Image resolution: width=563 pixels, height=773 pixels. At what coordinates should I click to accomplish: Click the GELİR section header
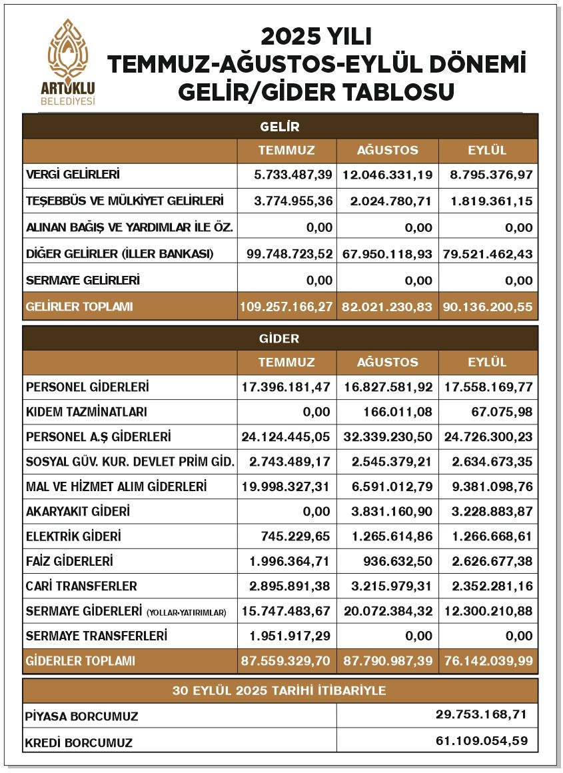[279, 126]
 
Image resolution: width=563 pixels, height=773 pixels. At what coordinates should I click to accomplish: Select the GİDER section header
[279, 338]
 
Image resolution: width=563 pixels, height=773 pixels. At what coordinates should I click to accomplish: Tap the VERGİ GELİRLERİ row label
[73, 175]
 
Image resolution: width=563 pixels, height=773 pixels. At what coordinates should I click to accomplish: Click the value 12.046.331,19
[387, 175]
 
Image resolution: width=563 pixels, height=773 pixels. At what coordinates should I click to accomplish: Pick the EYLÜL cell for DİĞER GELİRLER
[487, 254]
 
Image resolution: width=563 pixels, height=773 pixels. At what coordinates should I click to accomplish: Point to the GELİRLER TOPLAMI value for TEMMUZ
[286, 307]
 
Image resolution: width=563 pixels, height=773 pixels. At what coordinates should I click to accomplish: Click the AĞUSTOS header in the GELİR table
[387, 150]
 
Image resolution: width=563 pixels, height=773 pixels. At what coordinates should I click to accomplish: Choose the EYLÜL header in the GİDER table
[487, 363]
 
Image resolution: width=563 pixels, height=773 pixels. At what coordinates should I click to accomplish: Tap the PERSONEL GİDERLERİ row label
[87, 387]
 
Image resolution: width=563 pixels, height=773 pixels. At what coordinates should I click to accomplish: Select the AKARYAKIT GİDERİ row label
[77, 511]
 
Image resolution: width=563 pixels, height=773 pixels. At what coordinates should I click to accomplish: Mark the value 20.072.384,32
[387, 611]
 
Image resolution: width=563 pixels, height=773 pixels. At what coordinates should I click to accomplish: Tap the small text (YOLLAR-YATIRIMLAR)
[187, 612]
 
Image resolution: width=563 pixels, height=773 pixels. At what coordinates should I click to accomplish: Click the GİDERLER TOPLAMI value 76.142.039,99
[487, 661]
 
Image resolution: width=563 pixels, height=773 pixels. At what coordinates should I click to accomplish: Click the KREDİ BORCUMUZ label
[79, 742]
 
